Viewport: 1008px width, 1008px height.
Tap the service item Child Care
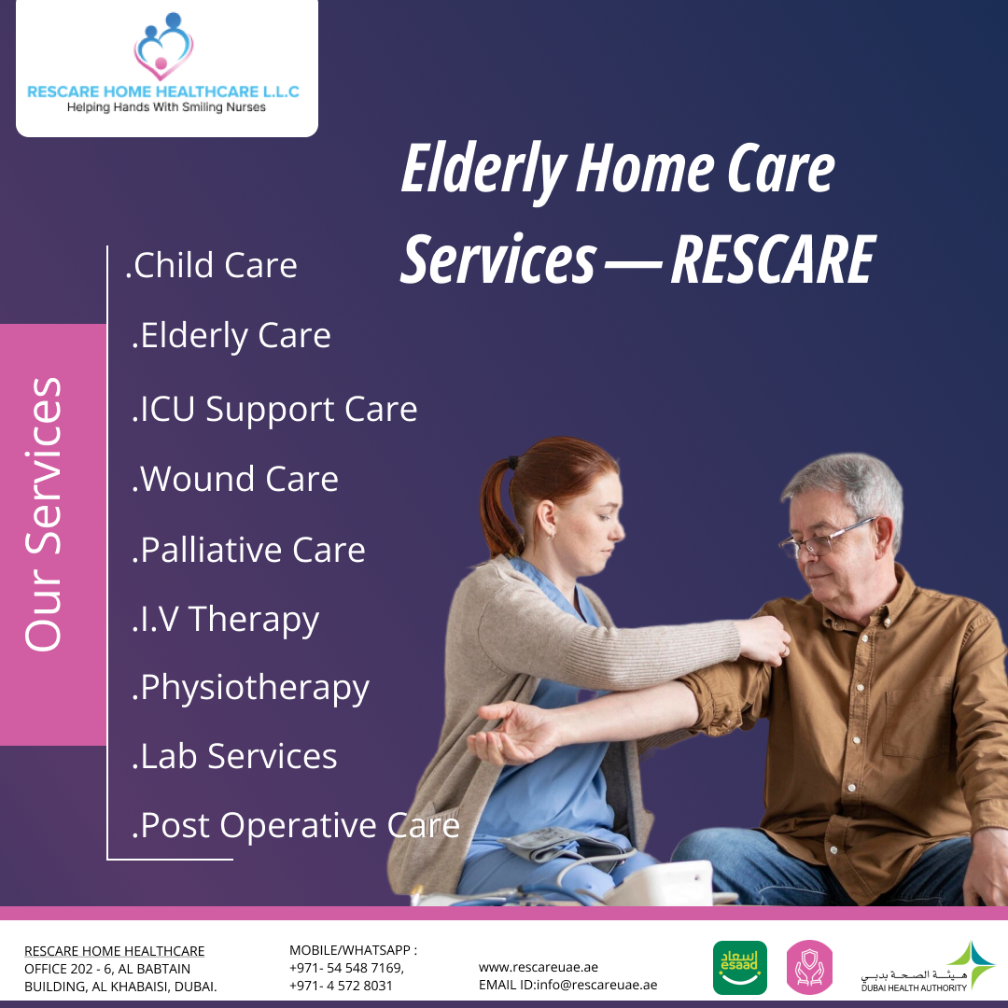click(212, 266)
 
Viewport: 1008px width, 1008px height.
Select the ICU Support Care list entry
click(274, 410)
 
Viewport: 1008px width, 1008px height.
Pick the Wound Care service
click(235, 480)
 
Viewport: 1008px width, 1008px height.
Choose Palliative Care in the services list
click(248, 550)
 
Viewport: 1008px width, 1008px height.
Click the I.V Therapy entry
click(226, 620)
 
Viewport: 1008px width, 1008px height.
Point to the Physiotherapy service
click(251, 688)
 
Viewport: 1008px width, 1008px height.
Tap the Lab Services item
click(234, 756)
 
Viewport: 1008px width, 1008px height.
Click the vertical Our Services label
click(44, 514)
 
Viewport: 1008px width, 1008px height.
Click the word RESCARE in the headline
click(772, 260)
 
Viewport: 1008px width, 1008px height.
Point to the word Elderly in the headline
click(483, 172)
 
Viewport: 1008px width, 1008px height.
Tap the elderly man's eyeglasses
click(826, 536)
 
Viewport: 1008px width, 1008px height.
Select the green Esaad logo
click(739, 968)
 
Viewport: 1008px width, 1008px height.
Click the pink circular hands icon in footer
click(809, 968)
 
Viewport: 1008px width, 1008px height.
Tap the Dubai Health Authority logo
click(916, 968)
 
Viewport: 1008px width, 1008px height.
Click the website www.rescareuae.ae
click(539, 967)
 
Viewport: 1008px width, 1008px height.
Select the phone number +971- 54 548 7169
click(346, 968)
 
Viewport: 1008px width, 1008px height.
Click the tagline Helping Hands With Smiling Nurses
click(166, 107)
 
